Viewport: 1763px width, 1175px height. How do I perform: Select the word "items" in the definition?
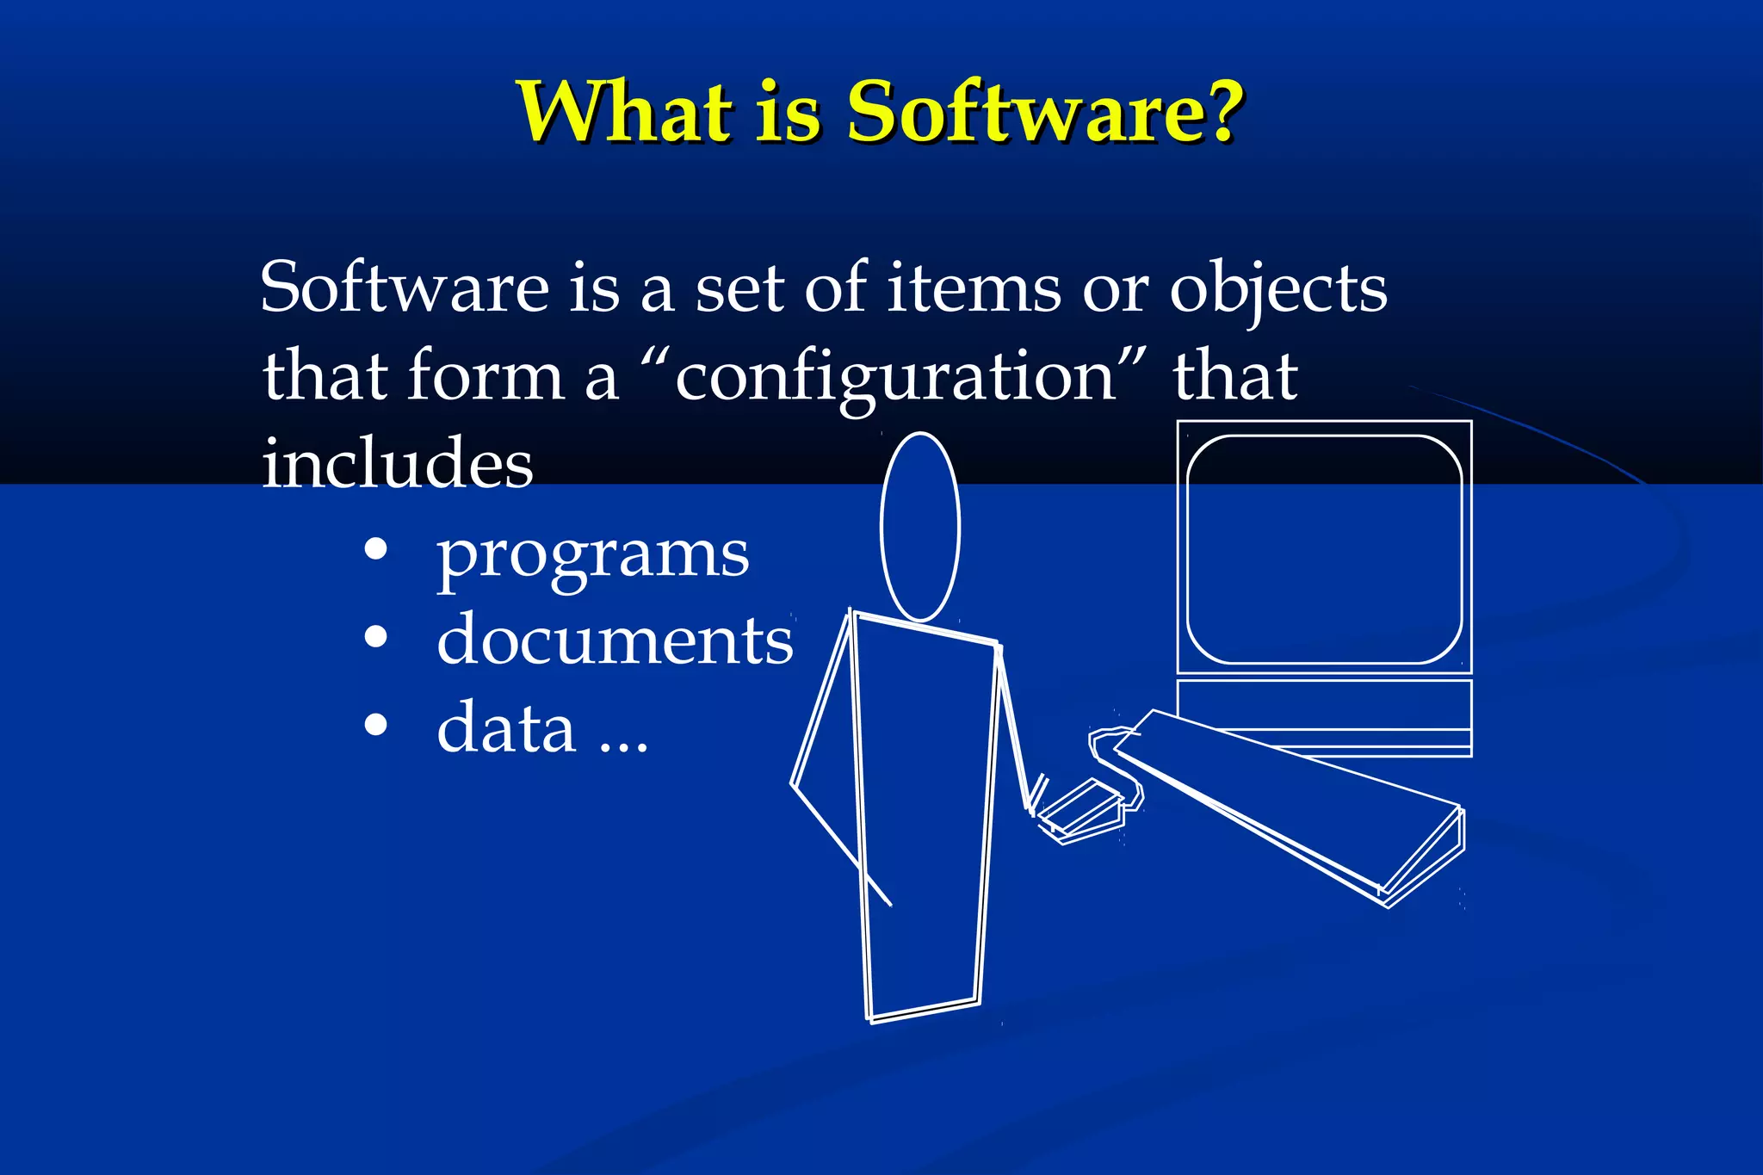[974, 288]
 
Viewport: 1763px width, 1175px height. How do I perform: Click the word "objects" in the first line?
[1277, 290]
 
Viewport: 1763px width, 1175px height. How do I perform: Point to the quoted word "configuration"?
[895, 377]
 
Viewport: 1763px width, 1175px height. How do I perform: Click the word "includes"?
[397, 463]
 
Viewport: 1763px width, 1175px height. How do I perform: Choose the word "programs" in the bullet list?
[592, 555]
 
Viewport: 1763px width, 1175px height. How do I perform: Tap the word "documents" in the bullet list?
[615, 640]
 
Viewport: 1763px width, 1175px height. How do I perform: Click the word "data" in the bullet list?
[505, 728]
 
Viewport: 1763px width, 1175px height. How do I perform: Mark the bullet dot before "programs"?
[375, 550]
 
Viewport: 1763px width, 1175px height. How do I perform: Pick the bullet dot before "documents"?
[375, 638]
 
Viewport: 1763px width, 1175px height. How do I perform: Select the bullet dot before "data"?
[375, 726]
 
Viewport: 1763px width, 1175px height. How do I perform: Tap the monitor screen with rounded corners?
[1323, 549]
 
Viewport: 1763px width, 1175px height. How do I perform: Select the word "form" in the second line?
[486, 377]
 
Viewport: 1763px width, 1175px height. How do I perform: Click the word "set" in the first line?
[739, 288]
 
